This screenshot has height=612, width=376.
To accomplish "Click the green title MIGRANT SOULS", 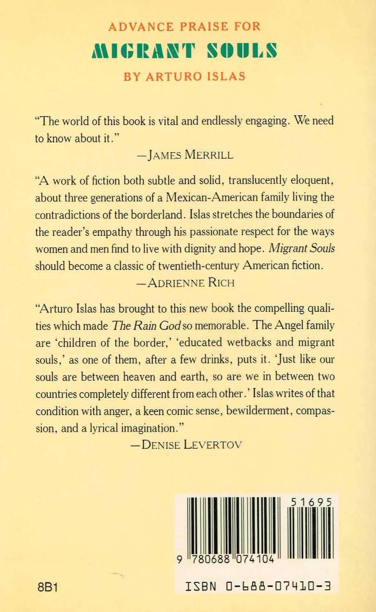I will (x=185, y=51).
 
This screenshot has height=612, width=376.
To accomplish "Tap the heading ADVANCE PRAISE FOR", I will (x=185, y=27).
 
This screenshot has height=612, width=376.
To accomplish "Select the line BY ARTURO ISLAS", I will (x=184, y=77).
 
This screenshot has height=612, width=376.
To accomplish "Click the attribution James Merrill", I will (x=185, y=155).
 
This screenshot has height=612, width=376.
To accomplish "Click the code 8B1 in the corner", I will (x=47, y=587).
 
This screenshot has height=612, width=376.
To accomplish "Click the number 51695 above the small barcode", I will (x=311, y=502).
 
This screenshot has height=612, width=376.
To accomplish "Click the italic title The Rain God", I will (x=146, y=325).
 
